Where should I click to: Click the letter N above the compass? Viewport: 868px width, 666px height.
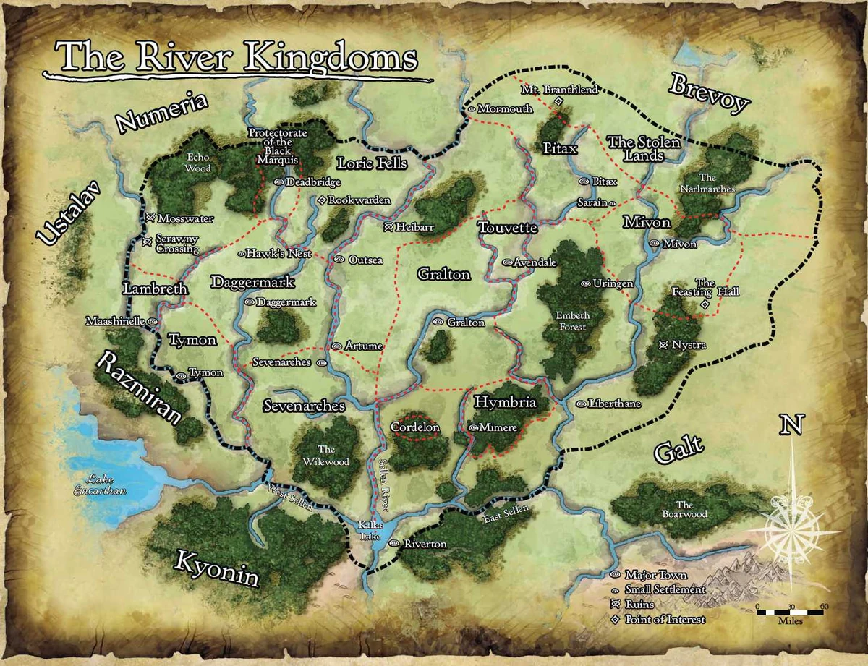point(791,426)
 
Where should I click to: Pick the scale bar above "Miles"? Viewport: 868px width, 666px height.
point(790,612)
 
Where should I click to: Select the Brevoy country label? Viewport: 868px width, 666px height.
point(708,93)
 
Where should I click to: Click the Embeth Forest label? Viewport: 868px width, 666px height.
point(573,321)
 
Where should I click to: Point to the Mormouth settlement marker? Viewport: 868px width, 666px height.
point(472,109)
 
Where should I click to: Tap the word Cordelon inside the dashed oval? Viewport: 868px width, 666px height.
point(415,427)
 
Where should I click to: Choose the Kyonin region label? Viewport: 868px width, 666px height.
point(217,566)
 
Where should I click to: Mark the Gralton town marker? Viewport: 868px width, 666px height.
point(438,322)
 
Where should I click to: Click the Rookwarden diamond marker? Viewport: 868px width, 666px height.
point(322,200)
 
